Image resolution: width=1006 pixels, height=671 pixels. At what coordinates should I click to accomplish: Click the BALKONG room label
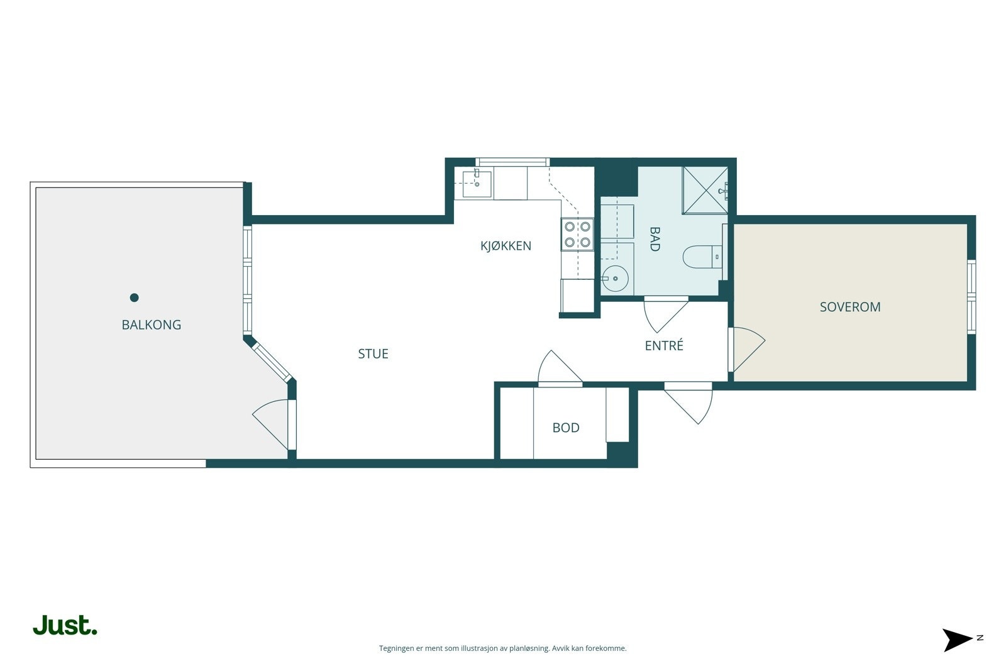pos(152,324)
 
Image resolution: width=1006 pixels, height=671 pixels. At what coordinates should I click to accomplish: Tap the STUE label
pos(373,354)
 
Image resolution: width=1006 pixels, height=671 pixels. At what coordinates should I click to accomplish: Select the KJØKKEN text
pos(506,246)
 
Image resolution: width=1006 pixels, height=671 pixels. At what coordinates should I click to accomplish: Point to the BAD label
pos(655,239)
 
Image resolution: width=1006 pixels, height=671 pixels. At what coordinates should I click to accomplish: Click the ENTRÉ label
pos(664,345)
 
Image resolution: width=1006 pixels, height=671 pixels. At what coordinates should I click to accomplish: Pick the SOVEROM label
pos(850,307)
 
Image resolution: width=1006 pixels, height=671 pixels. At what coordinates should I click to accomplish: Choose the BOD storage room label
pos(566,428)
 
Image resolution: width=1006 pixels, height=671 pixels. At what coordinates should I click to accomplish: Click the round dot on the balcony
pos(135,297)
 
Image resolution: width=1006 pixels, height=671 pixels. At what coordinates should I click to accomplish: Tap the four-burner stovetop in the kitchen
pos(577,235)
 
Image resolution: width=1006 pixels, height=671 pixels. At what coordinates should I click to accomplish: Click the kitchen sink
pos(477,184)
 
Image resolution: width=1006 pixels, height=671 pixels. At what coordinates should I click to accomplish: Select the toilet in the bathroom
pos(702,257)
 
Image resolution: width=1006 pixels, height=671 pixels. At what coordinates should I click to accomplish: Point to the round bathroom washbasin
pos(615,279)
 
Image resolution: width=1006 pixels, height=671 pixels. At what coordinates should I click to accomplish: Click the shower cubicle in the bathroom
pos(705,190)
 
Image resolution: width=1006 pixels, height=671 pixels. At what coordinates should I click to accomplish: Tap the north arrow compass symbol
pos(958,640)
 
